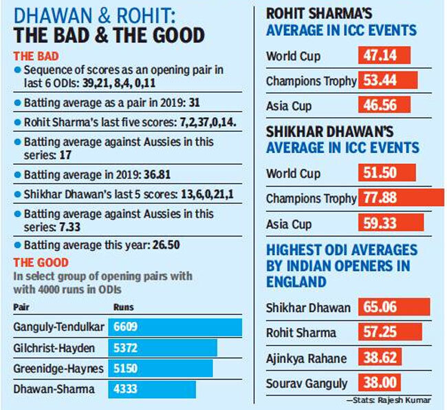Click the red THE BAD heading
tap(35, 57)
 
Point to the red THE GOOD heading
tap(39, 263)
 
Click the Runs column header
tap(124, 307)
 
